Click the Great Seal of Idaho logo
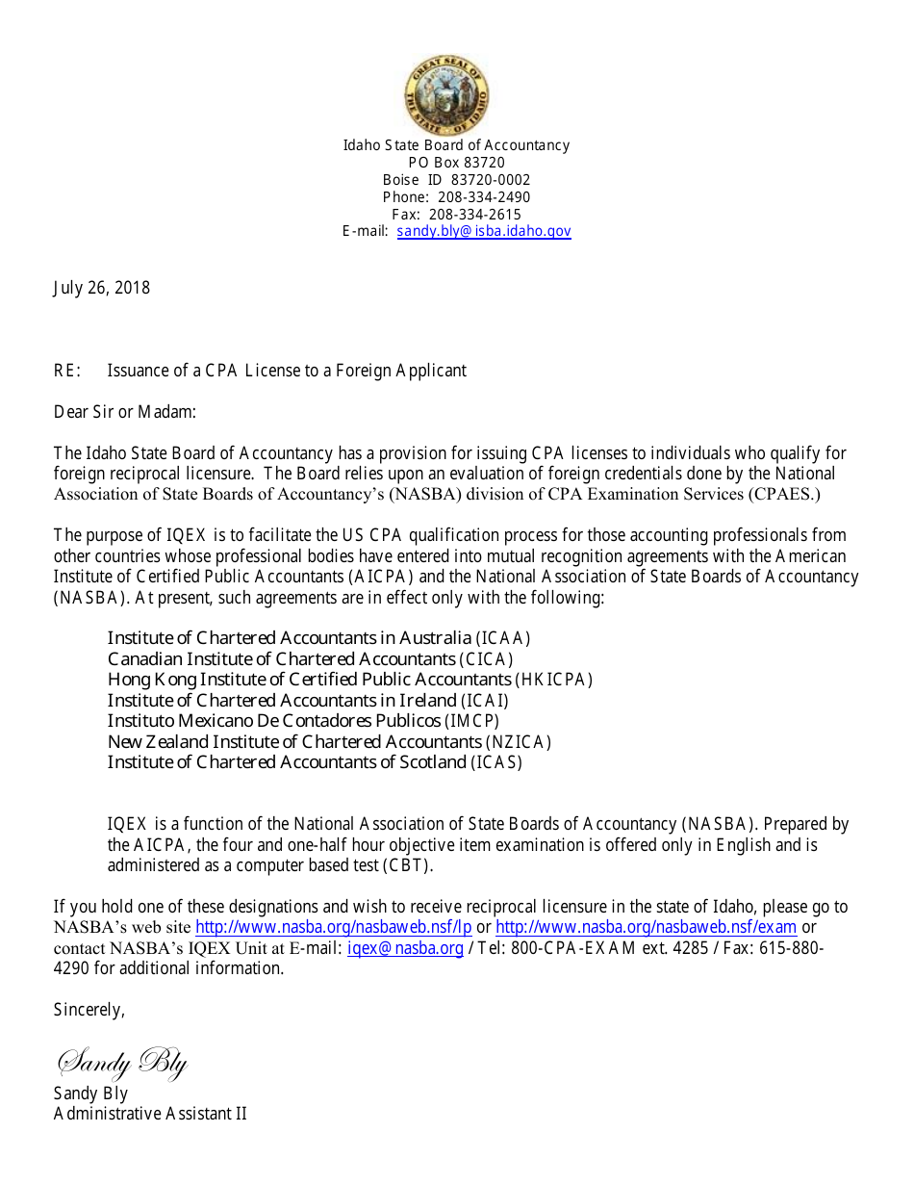click(446, 94)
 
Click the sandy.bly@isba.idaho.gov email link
click(484, 232)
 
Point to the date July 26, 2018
click(101, 288)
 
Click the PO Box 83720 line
click(456, 163)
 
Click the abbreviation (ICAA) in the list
click(503, 638)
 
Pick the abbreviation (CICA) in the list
click(486, 659)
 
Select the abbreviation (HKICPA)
click(553, 681)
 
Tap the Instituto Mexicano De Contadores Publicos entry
click(274, 721)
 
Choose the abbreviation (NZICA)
click(519, 742)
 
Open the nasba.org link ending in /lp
click(333, 928)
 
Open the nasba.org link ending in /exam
click(646, 928)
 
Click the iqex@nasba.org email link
click(405, 949)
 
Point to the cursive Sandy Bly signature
click(122, 1063)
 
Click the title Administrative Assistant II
click(150, 1114)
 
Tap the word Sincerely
click(89, 1010)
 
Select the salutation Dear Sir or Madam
click(124, 412)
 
